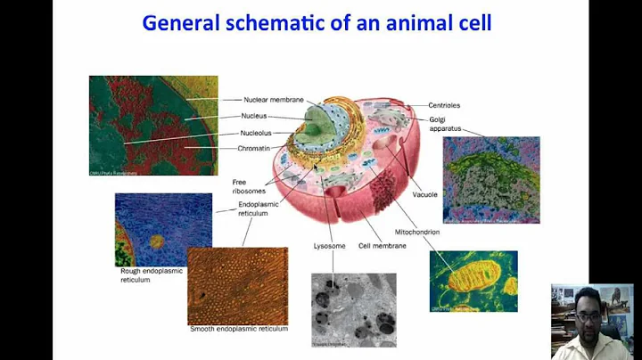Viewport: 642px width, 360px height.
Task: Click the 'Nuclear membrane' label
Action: [x=274, y=99]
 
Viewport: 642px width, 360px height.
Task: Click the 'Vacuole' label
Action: [x=424, y=193]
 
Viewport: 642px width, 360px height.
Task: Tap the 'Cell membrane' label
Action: [x=382, y=246]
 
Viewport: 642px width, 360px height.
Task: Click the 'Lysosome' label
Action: [x=332, y=246]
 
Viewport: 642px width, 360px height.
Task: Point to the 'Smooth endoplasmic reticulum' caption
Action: [x=238, y=329]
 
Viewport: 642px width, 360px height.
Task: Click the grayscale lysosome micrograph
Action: [x=353, y=308]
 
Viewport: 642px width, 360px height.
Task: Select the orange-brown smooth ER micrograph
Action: [x=237, y=285]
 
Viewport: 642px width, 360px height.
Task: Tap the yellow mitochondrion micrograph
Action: [x=473, y=281]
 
